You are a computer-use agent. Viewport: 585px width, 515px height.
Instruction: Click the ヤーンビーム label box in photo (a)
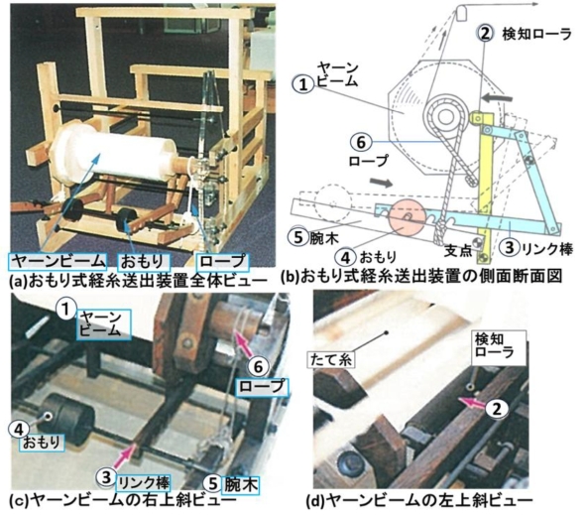pyautogui.click(x=58, y=261)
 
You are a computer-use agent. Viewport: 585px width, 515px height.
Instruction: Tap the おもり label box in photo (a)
pyautogui.click(x=144, y=262)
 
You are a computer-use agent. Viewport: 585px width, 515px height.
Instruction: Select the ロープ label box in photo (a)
pyautogui.click(x=223, y=262)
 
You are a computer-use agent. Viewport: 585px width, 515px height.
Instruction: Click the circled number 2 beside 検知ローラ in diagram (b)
pyautogui.click(x=485, y=34)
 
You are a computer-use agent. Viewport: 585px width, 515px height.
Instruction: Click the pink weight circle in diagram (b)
pyautogui.click(x=406, y=217)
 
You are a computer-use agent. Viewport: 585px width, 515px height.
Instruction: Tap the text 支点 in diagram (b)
pyautogui.click(x=458, y=250)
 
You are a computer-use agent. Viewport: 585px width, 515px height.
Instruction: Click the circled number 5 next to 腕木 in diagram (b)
pyautogui.click(x=298, y=237)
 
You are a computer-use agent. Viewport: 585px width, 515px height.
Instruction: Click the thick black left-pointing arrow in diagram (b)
pyautogui.click(x=496, y=98)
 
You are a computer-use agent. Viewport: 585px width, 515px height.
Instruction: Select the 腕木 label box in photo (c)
pyautogui.click(x=240, y=484)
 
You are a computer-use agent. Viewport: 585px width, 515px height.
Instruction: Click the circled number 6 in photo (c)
pyautogui.click(x=258, y=366)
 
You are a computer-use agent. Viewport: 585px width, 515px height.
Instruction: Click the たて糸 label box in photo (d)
pyautogui.click(x=330, y=359)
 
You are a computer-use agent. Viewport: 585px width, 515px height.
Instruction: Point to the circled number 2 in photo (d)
pyautogui.click(x=496, y=409)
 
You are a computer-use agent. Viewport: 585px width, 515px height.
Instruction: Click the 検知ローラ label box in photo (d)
pyautogui.click(x=499, y=347)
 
